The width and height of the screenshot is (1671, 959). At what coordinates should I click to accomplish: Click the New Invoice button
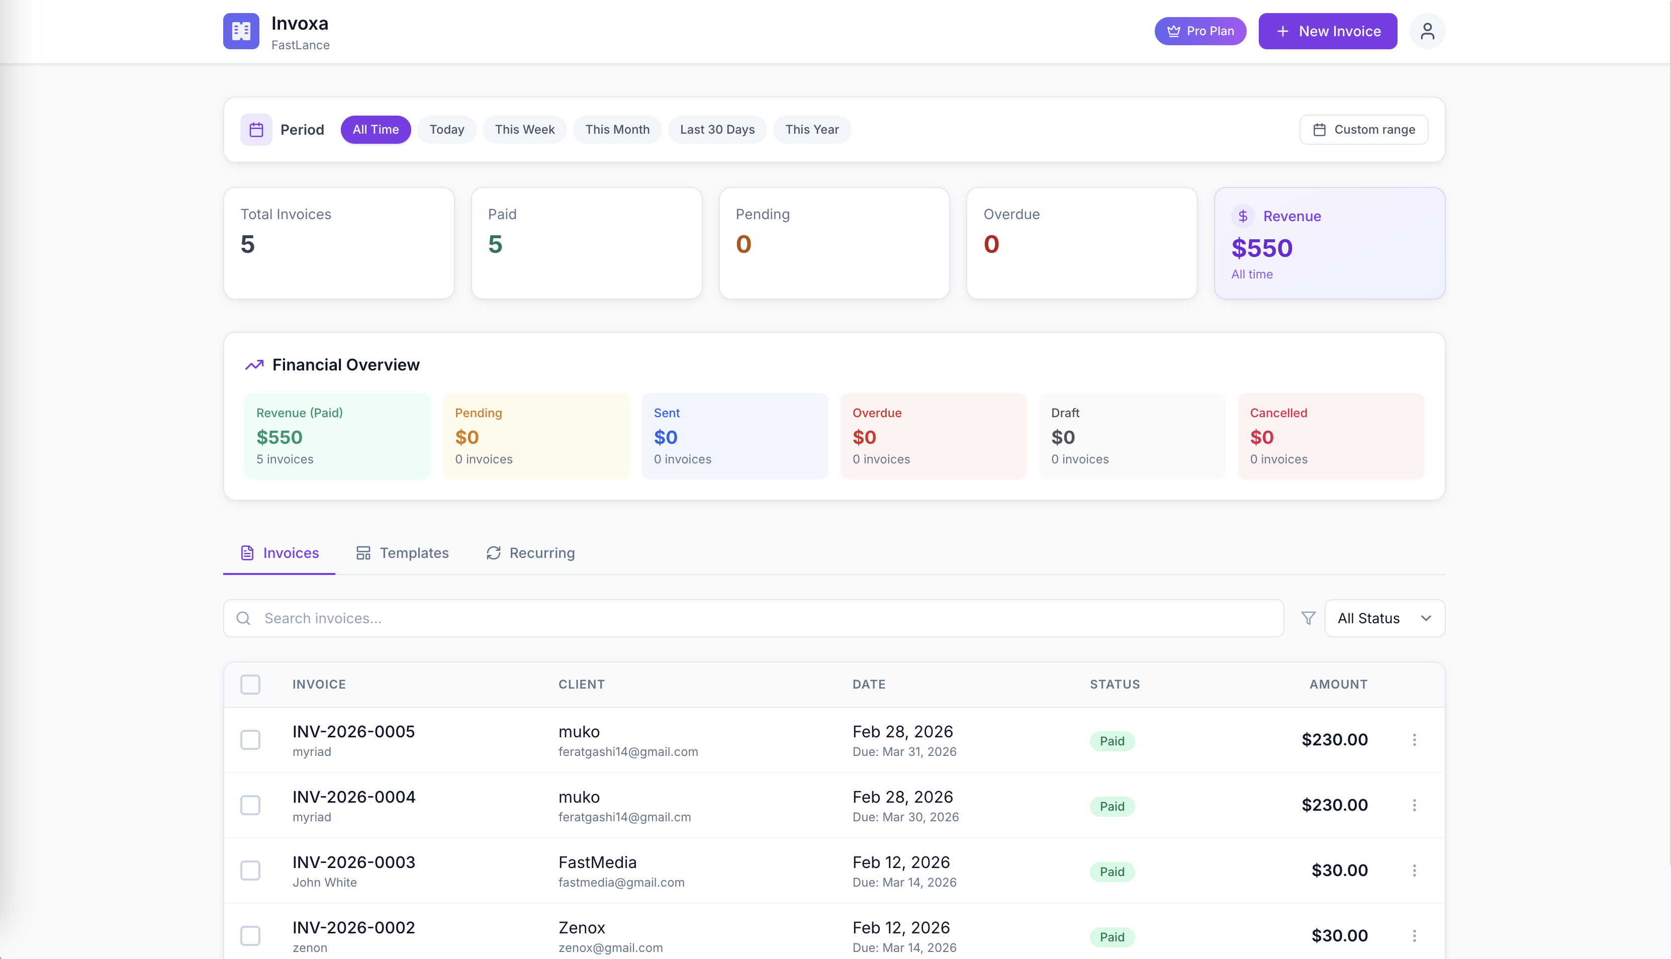tap(1327, 31)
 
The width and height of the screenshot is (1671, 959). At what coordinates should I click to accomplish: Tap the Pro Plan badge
tap(1200, 31)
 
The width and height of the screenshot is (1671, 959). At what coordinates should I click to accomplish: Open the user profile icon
tap(1427, 31)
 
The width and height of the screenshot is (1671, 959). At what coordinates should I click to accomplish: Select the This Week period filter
tap(524, 130)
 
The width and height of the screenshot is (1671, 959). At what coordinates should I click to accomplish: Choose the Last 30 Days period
tap(717, 130)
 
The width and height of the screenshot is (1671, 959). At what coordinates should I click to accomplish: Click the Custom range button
tap(1363, 130)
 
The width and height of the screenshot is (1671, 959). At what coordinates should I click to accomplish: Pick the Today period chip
tap(446, 130)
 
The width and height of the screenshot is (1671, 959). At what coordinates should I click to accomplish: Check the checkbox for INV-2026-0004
tap(250, 805)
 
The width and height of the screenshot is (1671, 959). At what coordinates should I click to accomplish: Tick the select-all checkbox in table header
tap(250, 685)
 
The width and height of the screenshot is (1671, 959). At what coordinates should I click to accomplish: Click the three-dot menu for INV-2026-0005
tap(1414, 740)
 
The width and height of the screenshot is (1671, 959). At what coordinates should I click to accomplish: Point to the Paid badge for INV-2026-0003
tap(1112, 872)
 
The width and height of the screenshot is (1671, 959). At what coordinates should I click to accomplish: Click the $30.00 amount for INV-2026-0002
tap(1339, 935)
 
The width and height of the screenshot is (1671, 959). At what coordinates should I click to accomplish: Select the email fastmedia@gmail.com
tap(621, 883)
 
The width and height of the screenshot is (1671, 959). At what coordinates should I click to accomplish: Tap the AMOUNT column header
tap(1338, 685)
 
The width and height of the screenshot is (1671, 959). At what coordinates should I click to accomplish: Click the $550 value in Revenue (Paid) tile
tap(280, 437)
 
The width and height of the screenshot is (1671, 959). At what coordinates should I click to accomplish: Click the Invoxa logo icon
tap(241, 31)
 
